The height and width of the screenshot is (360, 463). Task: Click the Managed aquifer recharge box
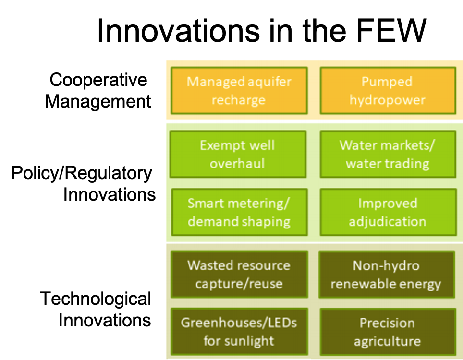239,91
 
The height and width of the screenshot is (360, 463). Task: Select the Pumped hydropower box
387,91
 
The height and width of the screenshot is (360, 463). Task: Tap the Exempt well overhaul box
238,154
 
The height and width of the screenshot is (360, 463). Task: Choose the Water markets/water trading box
387,154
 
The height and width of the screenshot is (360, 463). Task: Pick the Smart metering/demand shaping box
239,212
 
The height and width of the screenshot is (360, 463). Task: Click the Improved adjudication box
387,212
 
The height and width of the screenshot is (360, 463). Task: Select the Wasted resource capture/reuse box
239,274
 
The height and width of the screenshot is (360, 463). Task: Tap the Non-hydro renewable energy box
386,274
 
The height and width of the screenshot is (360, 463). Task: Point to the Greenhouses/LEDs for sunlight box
239,332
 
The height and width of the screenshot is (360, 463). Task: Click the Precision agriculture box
387,332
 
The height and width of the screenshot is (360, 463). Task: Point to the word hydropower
387,100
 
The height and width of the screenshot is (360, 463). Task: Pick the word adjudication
387,222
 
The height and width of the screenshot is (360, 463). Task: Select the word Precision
387,323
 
